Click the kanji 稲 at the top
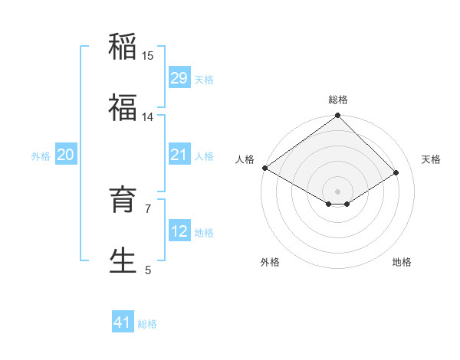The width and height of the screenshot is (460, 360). tap(123, 47)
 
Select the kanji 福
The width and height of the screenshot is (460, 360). tap(123, 108)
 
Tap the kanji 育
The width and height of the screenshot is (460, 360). tap(123, 200)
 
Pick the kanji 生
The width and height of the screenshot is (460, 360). tap(123, 260)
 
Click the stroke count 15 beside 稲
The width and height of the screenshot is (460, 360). tap(148, 56)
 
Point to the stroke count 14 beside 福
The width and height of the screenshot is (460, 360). tap(148, 117)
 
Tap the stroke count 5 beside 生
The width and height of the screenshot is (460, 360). tap(148, 270)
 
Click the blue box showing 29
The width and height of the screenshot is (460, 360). tap(179, 78)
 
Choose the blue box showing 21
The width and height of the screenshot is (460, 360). tap(179, 155)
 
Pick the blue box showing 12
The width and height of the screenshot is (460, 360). tap(179, 231)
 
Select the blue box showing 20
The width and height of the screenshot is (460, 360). tap(65, 155)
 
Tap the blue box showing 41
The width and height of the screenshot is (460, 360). tap(123, 322)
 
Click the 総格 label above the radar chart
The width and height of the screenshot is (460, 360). tap(338, 100)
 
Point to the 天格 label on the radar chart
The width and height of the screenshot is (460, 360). tap(431, 159)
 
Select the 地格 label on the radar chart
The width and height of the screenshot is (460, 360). tap(402, 262)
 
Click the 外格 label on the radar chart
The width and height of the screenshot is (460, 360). tap(270, 262)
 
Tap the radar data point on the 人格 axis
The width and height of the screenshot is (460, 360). tap(264, 168)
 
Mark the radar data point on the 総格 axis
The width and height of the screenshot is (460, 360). tap(338, 116)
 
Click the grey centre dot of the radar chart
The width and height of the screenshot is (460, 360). tap(338, 191)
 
